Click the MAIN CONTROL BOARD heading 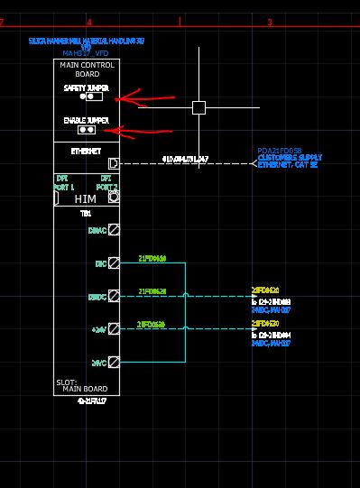click(87, 69)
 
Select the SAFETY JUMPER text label click(87, 88)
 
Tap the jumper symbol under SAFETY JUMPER click(89, 97)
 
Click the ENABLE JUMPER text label click(87, 120)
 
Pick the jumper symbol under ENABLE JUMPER click(89, 129)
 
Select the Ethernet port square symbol click(114, 163)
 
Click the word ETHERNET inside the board click(86, 151)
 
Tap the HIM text click(86, 198)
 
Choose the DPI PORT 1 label click(62, 183)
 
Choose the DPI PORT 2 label click(106, 183)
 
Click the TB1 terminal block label click(86, 215)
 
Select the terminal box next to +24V click(114, 329)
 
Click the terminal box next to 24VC click(114, 362)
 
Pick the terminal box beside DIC click(114, 263)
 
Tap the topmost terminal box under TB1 click(114, 231)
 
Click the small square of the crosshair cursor click(198, 107)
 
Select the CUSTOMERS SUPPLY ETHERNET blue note click(287, 161)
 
